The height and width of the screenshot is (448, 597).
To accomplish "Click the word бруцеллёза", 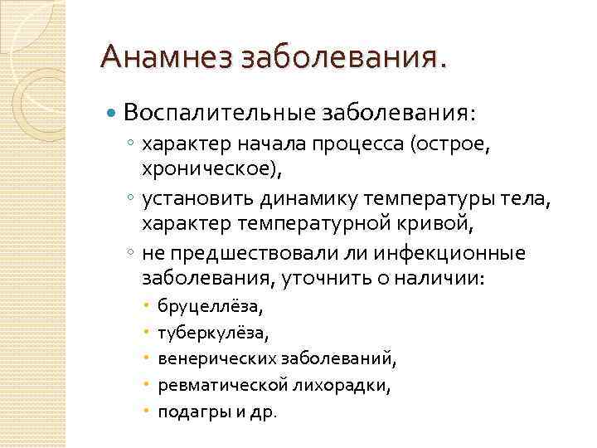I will click(x=210, y=308).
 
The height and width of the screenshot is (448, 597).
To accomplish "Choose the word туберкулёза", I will click(x=212, y=334).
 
